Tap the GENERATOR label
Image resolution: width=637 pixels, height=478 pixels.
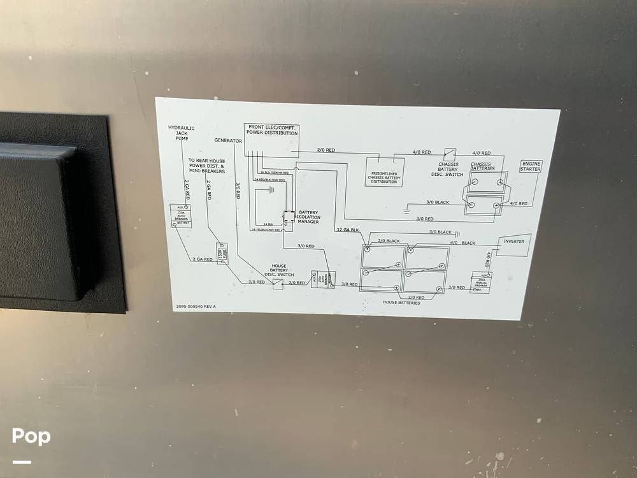tap(228, 140)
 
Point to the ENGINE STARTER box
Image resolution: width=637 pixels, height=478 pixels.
tap(531, 166)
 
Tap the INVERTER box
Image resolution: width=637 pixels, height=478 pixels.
tap(513, 243)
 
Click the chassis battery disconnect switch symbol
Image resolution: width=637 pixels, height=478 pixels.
tap(450, 154)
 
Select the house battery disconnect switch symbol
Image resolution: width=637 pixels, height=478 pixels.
tap(278, 283)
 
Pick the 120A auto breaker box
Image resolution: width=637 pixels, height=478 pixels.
tap(181, 216)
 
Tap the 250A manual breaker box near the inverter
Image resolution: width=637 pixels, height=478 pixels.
tap(480, 282)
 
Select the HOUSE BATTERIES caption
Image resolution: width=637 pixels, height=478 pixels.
tap(401, 303)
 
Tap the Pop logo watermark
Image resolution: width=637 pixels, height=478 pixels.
tap(31, 437)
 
